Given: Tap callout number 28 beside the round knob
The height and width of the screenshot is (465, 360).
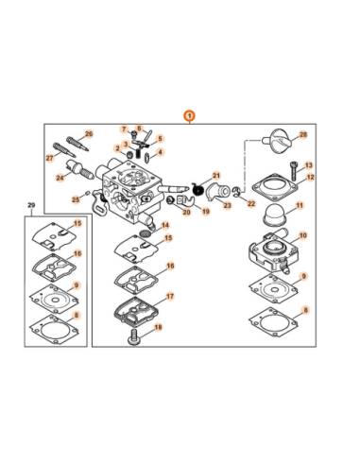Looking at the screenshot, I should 303,135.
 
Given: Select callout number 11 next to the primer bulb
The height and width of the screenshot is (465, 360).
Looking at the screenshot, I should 300,205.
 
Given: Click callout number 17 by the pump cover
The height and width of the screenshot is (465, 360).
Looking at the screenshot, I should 170,296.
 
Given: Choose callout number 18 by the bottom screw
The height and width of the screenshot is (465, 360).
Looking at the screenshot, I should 158,327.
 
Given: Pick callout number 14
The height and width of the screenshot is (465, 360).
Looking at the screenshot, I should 165,225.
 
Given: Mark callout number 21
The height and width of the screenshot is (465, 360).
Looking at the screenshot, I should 215,176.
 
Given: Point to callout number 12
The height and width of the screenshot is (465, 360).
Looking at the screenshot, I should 310,177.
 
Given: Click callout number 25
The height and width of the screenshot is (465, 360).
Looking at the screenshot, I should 77,199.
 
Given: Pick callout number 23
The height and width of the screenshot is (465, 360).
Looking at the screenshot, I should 228,205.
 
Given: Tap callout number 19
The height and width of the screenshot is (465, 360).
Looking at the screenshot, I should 205,212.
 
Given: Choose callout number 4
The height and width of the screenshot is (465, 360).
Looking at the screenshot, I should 160,151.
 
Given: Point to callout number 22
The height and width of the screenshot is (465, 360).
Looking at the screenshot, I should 250,202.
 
